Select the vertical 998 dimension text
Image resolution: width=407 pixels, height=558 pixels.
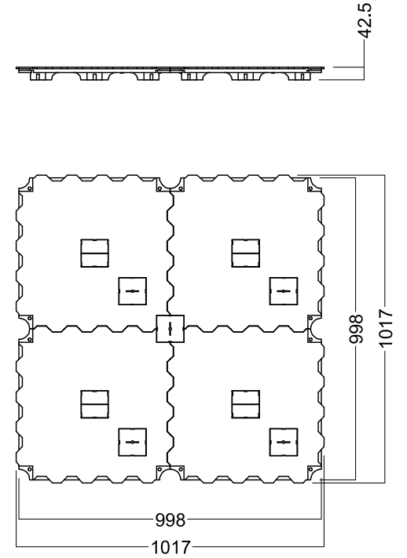356,329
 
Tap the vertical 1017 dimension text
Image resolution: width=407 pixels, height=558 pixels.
385,328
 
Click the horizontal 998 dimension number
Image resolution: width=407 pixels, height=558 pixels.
170,520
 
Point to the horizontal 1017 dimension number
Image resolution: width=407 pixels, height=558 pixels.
171,547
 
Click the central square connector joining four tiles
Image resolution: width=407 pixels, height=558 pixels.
170,329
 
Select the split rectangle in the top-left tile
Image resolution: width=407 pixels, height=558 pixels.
94,253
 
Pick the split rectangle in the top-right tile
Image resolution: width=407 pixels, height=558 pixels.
246,253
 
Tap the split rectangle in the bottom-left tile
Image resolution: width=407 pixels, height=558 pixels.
94,404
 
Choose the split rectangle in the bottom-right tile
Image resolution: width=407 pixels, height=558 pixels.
246,404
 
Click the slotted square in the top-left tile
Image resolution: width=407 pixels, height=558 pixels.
132,291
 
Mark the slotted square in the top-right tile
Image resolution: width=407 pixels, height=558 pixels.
284,291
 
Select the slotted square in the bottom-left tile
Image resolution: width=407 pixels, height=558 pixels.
132,442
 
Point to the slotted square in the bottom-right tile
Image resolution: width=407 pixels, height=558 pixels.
284,442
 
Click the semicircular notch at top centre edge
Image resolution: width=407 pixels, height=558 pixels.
170,188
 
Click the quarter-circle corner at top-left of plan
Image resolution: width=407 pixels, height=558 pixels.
26,185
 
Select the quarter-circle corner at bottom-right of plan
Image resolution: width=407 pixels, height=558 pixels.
314,472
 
